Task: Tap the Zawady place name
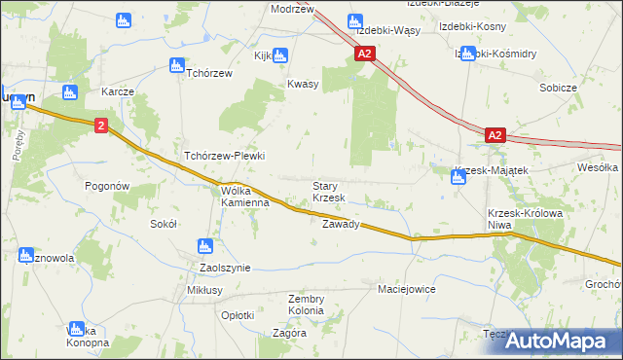tap(341, 224)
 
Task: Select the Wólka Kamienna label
tap(244, 198)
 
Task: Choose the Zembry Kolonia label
tap(306, 305)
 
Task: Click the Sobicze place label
tap(559, 88)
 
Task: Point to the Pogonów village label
tap(107, 186)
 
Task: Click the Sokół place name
tap(163, 223)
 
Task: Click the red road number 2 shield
tap(101, 126)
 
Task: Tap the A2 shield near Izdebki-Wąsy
tap(365, 55)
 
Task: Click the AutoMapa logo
tap(565, 341)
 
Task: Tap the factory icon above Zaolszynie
tap(204, 246)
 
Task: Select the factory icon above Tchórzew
tap(176, 65)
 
